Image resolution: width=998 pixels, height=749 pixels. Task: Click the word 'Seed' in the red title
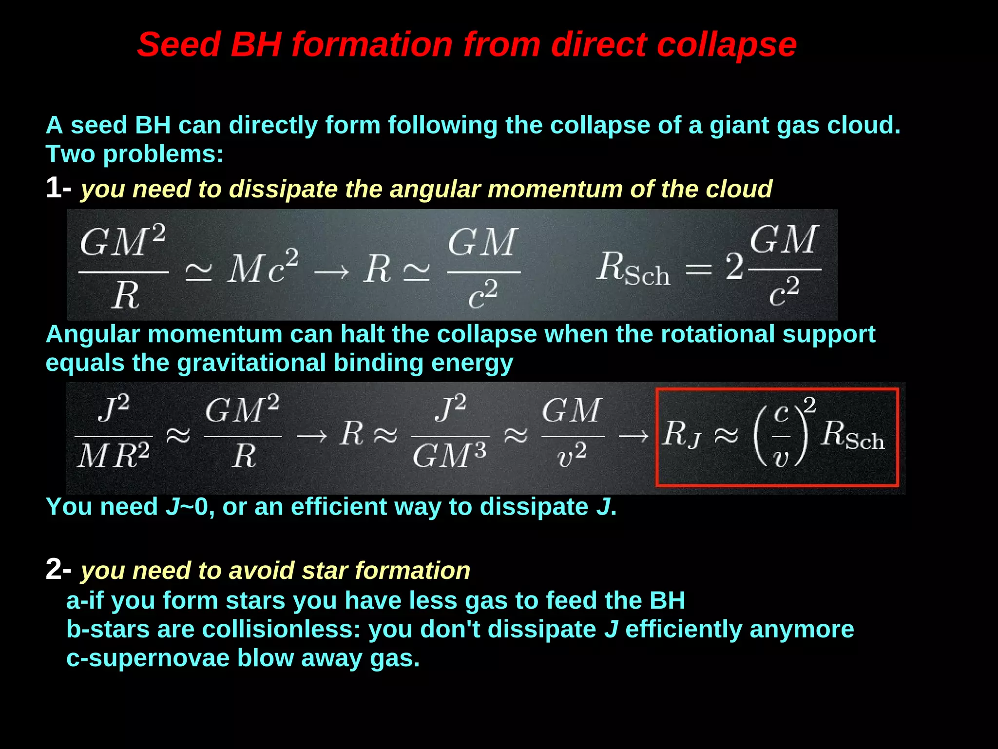178,45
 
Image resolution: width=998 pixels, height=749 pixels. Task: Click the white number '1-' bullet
58,188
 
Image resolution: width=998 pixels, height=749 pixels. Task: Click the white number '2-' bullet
58,569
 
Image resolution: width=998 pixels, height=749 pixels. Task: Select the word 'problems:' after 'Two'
163,154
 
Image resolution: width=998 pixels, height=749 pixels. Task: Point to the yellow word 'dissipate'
283,189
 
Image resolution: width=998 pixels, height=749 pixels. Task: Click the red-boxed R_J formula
777,437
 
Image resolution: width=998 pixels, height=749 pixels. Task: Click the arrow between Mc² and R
331,271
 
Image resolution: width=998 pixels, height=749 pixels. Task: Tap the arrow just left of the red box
633,436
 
